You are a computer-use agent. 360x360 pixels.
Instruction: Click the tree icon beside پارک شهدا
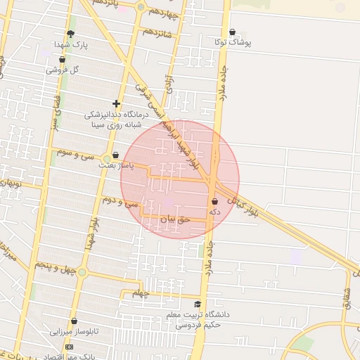tap(70, 33)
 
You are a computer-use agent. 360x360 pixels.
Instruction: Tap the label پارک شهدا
tap(91, 44)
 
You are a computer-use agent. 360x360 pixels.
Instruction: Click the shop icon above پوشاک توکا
tap(233, 32)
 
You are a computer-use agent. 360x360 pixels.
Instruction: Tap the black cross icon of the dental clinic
tap(116, 103)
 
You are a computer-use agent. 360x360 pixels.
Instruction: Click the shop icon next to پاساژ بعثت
tap(115, 155)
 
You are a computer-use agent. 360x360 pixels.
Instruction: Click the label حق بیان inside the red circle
tap(175, 219)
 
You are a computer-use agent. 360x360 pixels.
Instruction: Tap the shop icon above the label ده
tap(214, 201)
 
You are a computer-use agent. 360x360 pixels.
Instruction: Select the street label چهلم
tap(141, 293)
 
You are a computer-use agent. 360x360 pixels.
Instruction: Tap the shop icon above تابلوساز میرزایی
tap(74, 321)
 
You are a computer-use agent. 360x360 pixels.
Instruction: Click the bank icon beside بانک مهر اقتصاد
tap(69, 347)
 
